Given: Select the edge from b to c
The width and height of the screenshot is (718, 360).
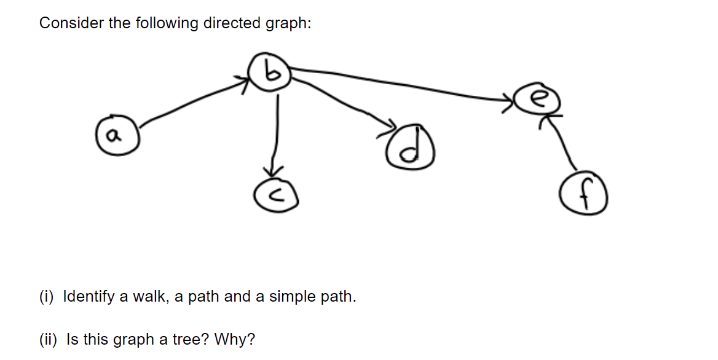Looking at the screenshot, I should coord(278,129).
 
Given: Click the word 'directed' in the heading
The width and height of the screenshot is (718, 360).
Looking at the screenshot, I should coord(233,23).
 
